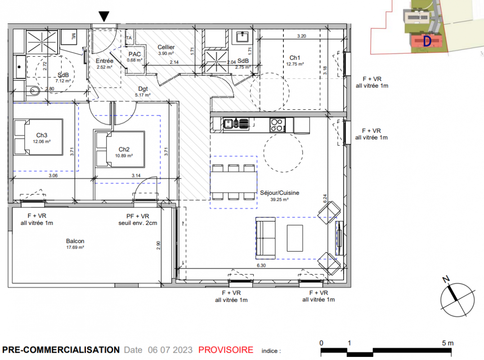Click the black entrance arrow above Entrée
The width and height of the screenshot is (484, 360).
click(x=104, y=16)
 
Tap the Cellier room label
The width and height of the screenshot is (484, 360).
click(x=166, y=47)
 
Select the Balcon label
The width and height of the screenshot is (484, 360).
click(x=75, y=241)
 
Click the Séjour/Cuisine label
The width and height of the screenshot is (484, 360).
click(x=280, y=193)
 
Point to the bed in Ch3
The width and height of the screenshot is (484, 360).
click(x=38, y=137)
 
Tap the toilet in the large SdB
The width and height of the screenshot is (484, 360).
click(x=35, y=91)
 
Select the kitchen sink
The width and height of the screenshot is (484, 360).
click(x=236, y=124)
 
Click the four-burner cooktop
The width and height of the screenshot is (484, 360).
click(x=277, y=125)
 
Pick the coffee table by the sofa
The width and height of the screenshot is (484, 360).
click(x=295, y=238)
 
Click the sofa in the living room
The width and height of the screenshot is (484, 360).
click(x=265, y=238)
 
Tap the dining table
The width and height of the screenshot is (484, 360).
click(x=233, y=182)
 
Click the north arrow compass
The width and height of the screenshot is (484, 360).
click(x=457, y=299)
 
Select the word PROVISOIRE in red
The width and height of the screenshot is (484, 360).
click(x=226, y=350)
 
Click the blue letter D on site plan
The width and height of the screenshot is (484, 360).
click(x=427, y=41)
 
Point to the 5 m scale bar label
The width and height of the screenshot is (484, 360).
click(x=448, y=343)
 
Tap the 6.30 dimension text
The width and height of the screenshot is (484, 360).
click(x=261, y=265)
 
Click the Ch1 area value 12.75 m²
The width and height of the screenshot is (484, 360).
click(x=295, y=64)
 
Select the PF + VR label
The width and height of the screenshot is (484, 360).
click(x=138, y=216)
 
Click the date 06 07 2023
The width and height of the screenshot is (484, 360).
click(x=170, y=350)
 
